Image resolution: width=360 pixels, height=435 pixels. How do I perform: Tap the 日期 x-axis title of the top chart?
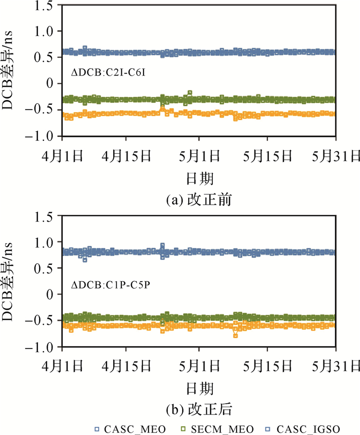point(200,178)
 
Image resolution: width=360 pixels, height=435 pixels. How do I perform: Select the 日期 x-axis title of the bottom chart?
point(200,388)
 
